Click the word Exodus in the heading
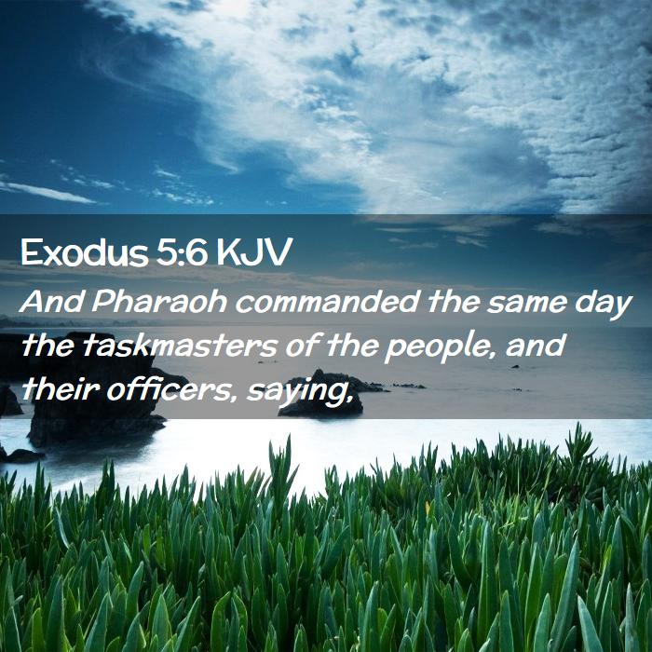click(x=85, y=252)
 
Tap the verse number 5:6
click(x=183, y=252)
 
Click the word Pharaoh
click(x=159, y=302)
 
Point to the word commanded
click(x=327, y=302)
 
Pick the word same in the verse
click(x=527, y=303)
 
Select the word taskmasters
click(x=180, y=346)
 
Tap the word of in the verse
click(x=302, y=346)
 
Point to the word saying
click(x=295, y=392)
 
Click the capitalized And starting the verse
click(x=51, y=302)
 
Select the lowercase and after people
click(x=536, y=346)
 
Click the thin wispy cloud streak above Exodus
click(x=46, y=192)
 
